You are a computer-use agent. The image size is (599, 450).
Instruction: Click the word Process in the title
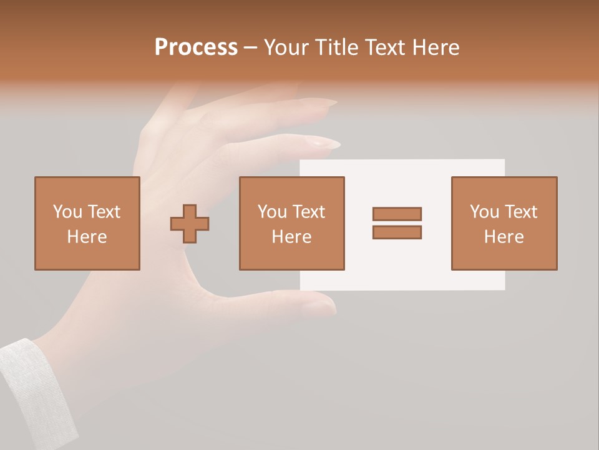pos(196,47)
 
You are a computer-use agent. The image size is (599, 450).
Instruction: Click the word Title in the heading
pos(336,47)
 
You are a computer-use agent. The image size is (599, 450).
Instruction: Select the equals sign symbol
pos(397,223)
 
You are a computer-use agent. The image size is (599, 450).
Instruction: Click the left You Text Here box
pos(87,223)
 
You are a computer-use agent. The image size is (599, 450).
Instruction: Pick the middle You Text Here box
pos(291,223)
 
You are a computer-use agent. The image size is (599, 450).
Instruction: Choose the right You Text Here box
pos(504,223)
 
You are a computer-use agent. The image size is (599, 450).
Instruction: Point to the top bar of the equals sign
pos(397,214)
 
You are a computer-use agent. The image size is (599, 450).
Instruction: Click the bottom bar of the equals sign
pos(397,232)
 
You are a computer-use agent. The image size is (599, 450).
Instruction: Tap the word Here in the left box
pos(87,237)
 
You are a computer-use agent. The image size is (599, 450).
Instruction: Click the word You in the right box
pos(484,212)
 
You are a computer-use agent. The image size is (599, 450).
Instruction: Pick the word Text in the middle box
pos(309,212)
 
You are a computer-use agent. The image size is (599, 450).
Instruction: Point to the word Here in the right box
pos(504,237)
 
